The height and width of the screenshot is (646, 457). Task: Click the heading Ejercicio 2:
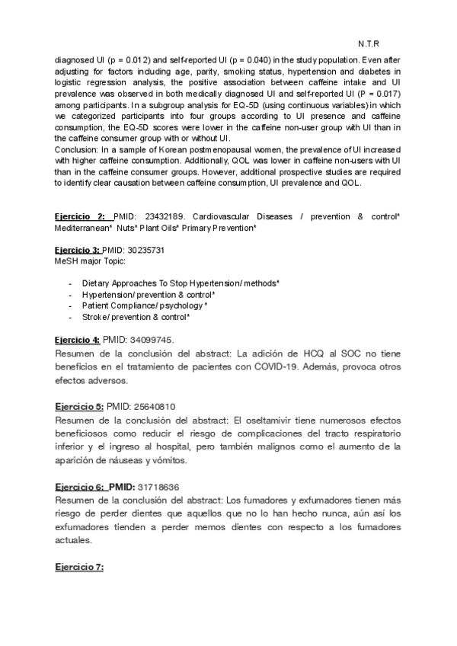point(80,217)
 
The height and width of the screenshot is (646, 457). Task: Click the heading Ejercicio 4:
point(77,339)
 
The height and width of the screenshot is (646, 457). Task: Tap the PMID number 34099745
point(149,339)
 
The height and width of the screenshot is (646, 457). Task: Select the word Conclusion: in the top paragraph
point(75,149)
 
